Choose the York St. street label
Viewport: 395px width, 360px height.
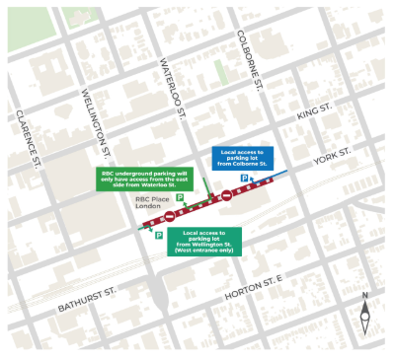tap(333, 157)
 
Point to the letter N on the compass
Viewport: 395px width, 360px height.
tap(364, 295)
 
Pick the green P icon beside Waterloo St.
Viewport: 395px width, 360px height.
tap(180, 200)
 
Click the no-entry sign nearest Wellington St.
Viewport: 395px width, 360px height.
tap(171, 215)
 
